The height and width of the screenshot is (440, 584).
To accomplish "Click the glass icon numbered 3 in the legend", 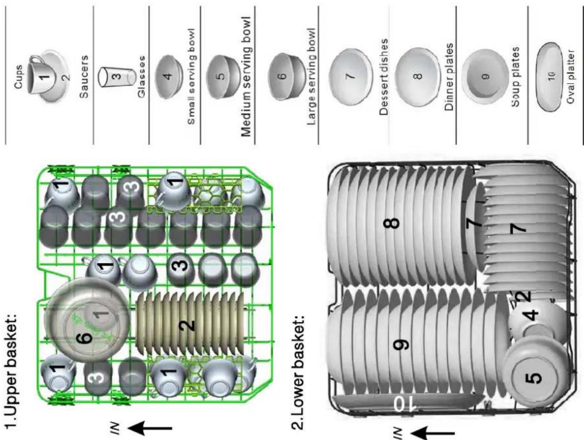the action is [116, 76].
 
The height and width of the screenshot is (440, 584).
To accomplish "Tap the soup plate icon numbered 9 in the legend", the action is [485, 76].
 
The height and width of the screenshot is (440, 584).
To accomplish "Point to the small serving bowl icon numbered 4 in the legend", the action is [169, 77].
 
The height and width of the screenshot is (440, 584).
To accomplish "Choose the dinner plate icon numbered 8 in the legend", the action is [418, 76].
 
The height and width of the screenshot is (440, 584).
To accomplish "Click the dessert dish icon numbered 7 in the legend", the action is [350, 77].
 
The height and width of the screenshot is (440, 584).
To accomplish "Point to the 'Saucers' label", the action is [85, 76].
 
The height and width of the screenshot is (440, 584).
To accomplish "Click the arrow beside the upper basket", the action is [151, 429].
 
